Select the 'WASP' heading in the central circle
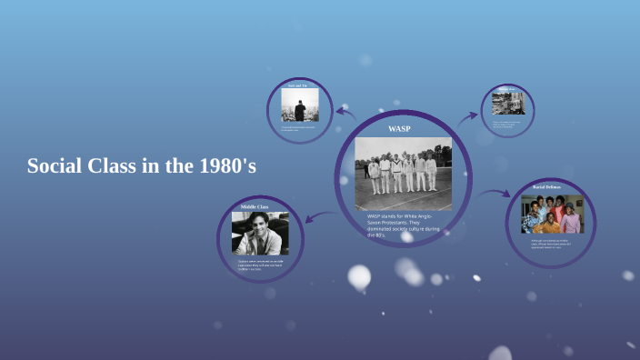(399, 129)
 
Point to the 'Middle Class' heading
(255, 207)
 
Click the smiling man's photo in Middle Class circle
(260, 233)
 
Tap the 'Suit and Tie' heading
(300, 85)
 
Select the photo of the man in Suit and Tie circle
(300, 110)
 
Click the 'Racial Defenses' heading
(547, 187)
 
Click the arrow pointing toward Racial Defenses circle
(495, 193)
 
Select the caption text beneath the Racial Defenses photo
(550, 244)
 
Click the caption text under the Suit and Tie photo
(300, 128)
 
